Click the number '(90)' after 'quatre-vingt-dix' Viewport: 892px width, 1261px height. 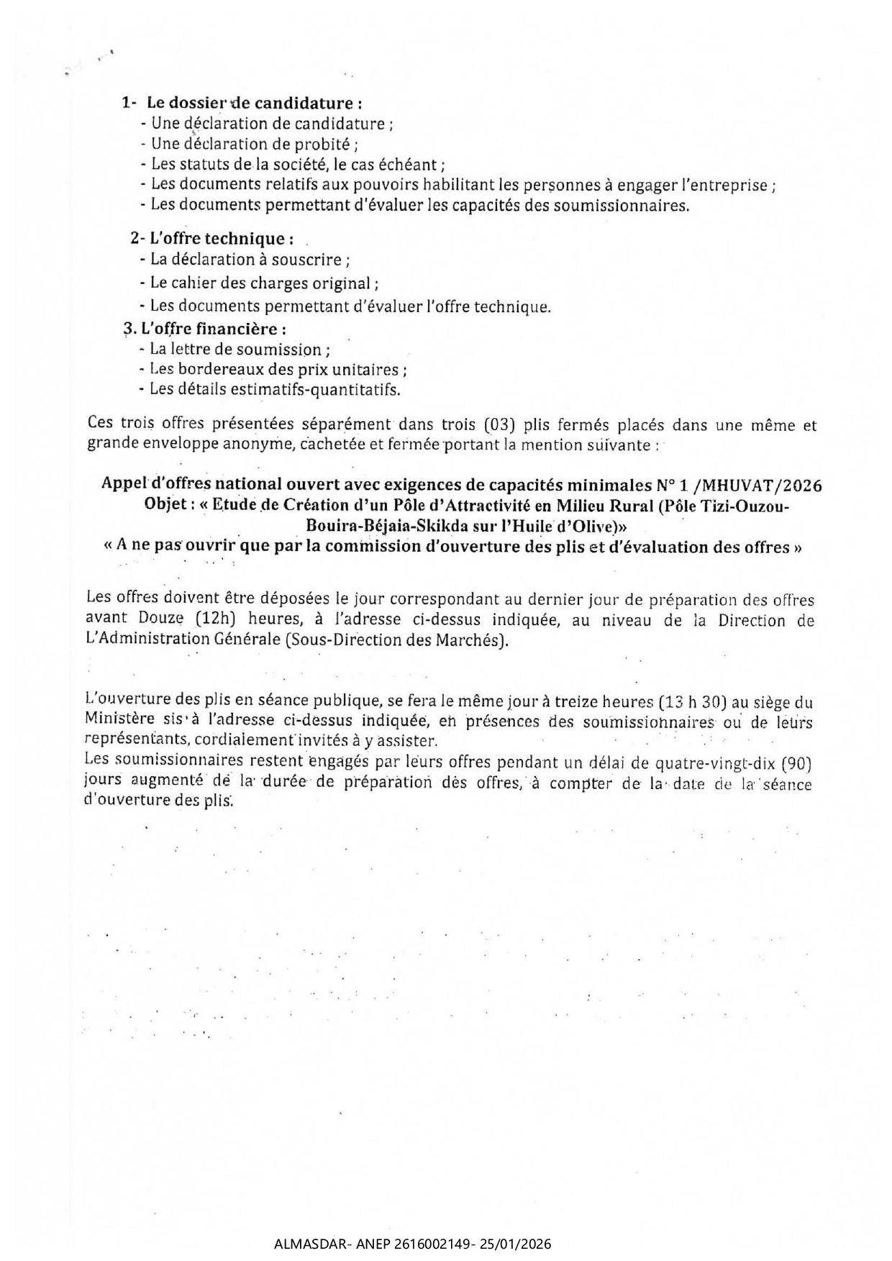coord(796,763)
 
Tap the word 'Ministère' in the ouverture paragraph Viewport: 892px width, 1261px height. coord(114,718)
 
